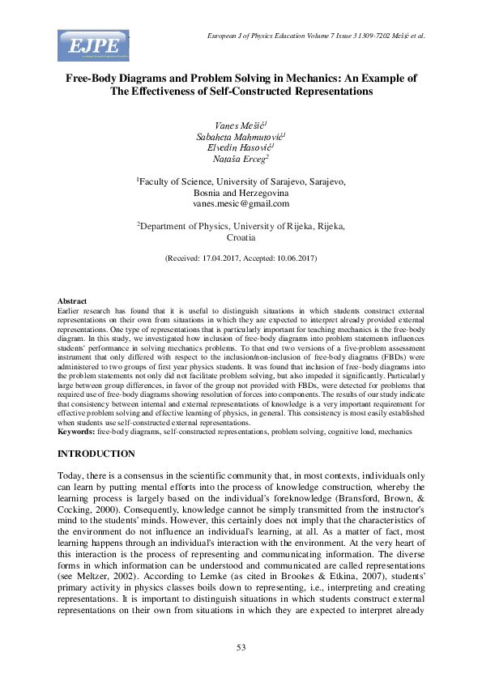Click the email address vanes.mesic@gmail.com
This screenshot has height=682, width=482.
click(x=241, y=204)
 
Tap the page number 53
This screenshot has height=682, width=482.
click(x=241, y=646)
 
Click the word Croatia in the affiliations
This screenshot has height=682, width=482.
click(x=241, y=238)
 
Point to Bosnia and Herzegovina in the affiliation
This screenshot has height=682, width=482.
click(x=241, y=194)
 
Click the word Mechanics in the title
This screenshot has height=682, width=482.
click(x=297, y=79)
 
